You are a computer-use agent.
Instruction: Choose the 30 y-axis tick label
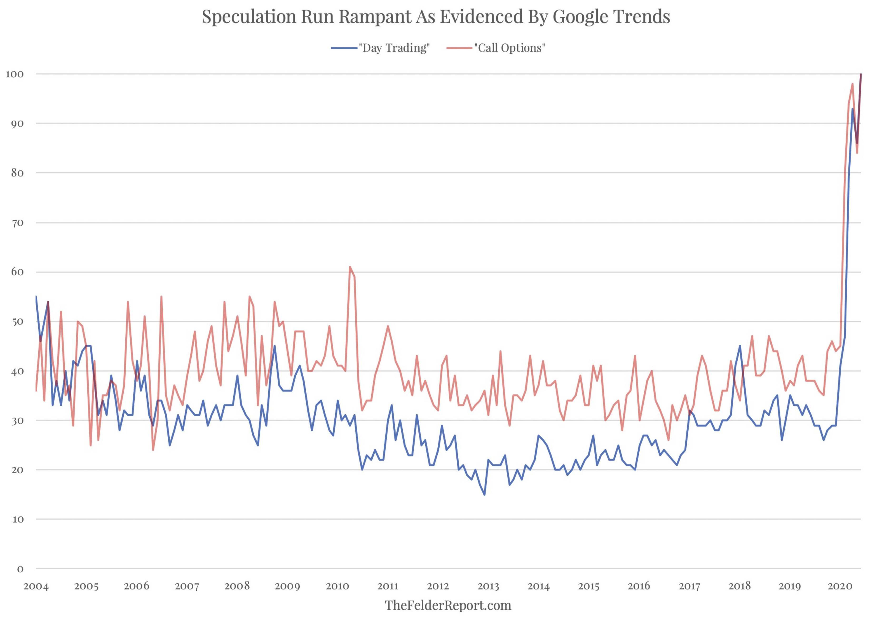tap(17, 421)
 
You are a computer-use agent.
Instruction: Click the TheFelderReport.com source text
tap(448, 605)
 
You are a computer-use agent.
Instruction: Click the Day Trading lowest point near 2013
tap(484, 495)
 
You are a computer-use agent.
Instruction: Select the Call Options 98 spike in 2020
tap(852, 84)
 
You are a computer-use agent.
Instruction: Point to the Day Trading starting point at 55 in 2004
tap(36, 296)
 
